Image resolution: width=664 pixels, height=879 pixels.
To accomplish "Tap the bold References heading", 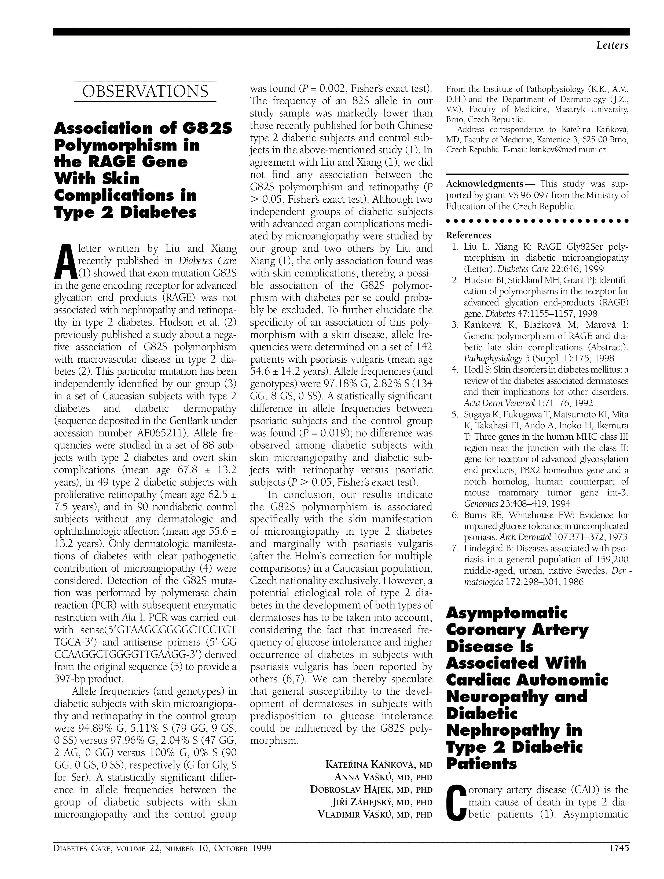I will point(469,235).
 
